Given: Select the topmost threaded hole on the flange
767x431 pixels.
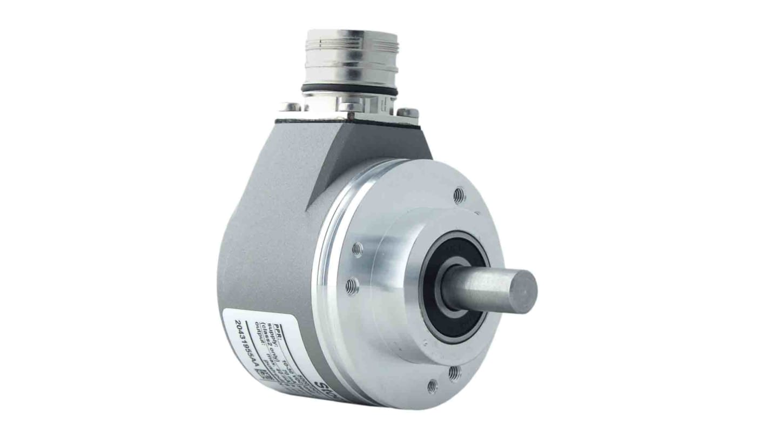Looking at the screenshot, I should coord(459,195).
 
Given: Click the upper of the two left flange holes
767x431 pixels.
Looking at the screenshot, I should coord(357,250).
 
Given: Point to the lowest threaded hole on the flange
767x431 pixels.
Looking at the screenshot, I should coord(432,386).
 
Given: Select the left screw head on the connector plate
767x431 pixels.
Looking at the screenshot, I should coord(290,107).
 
